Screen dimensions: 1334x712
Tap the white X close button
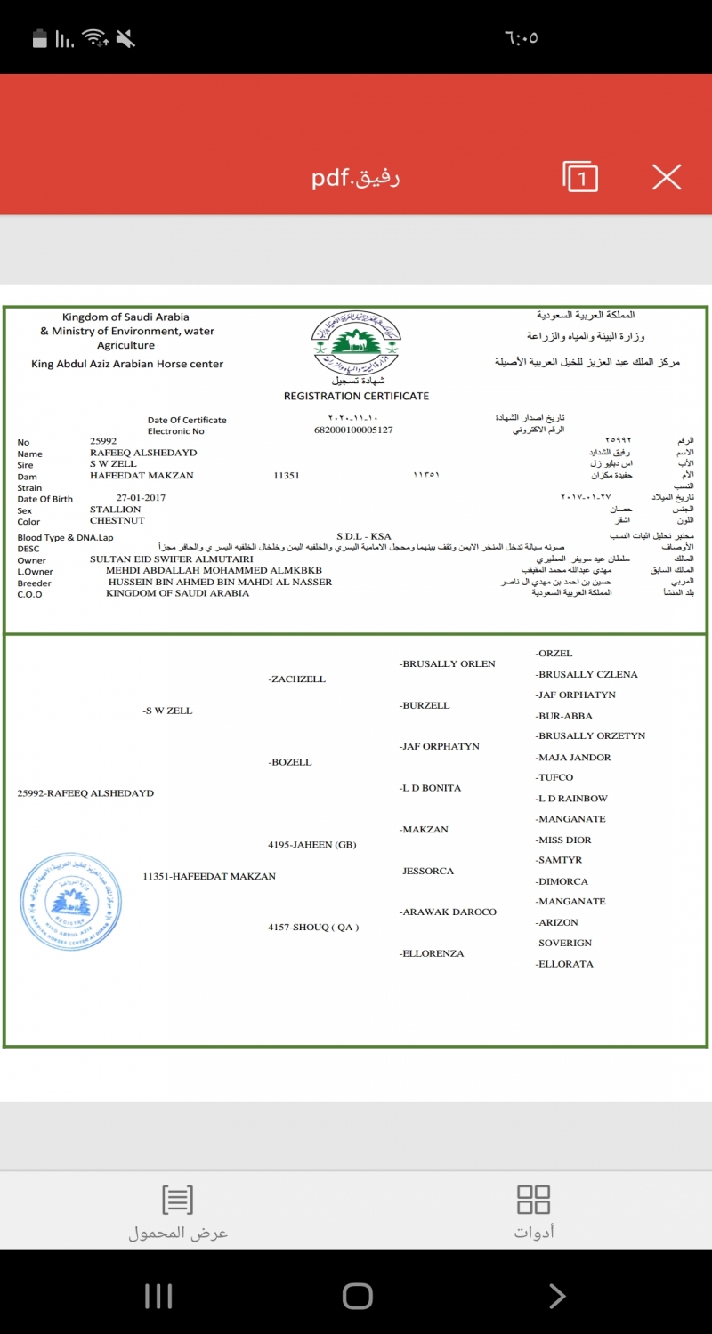666,177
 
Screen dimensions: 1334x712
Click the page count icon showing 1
580,177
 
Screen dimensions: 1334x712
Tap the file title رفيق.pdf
355,178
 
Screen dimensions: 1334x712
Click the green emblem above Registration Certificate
356,342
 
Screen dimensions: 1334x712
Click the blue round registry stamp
70,902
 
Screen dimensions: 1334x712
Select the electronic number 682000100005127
353,430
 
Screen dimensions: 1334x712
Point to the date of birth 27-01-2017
141,498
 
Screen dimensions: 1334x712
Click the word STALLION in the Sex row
116,510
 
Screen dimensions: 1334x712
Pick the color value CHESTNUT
117,521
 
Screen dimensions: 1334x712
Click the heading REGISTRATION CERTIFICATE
356,396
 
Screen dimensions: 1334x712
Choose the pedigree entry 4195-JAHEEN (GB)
312,845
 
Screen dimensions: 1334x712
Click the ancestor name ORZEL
554,654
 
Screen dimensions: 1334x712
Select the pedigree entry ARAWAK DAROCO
449,912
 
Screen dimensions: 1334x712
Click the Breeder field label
35,583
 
